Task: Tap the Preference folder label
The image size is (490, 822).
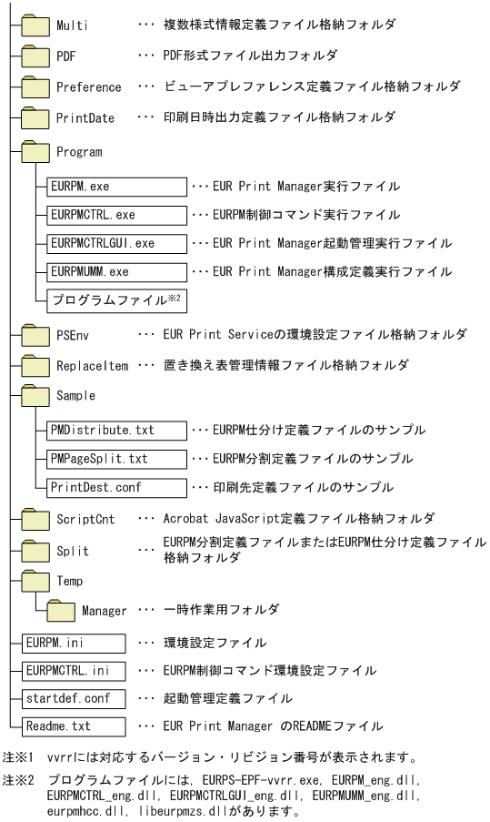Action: coord(88,87)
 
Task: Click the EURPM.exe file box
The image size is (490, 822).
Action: coord(115,187)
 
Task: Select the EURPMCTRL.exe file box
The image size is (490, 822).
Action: coord(115,215)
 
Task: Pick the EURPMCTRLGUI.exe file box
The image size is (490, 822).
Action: coord(115,244)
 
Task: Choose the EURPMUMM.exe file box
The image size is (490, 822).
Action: coord(115,271)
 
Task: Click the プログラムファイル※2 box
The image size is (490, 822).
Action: coord(115,299)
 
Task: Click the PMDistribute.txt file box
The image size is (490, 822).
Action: coord(115,430)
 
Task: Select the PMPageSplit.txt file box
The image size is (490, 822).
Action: coord(115,458)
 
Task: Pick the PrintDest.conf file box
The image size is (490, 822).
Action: coord(115,486)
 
